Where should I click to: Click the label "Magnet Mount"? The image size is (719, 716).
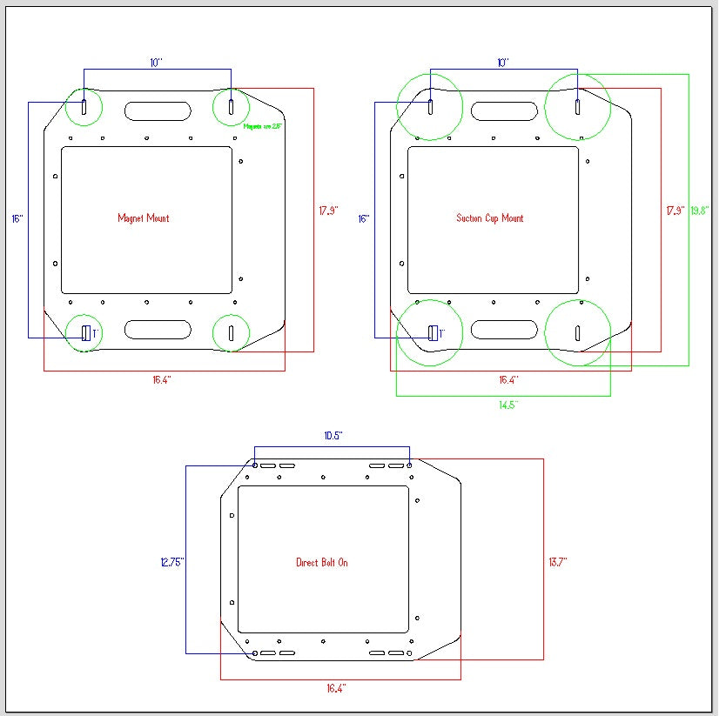[144, 218]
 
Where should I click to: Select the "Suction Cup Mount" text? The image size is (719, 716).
[490, 218]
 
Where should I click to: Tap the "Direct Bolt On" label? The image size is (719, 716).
[322, 563]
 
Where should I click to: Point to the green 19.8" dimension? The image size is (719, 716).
[700, 211]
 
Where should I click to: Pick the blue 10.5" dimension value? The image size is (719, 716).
[333, 435]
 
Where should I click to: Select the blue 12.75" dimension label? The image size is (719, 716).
[172, 563]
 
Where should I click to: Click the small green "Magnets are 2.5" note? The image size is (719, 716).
[263, 127]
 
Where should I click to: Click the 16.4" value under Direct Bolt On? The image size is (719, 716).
[337, 688]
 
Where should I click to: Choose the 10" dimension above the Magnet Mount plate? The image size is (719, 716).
[157, 63]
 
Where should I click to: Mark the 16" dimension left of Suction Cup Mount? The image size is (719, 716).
[364, 219]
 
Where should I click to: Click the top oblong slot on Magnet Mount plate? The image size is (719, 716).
[158, 111]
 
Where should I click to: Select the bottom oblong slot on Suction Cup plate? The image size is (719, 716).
[504, 330]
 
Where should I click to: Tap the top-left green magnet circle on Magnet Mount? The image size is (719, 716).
[84, 107]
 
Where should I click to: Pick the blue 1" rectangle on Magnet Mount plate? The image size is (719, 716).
[86, 332]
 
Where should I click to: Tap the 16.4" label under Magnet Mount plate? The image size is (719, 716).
[163, 380]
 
